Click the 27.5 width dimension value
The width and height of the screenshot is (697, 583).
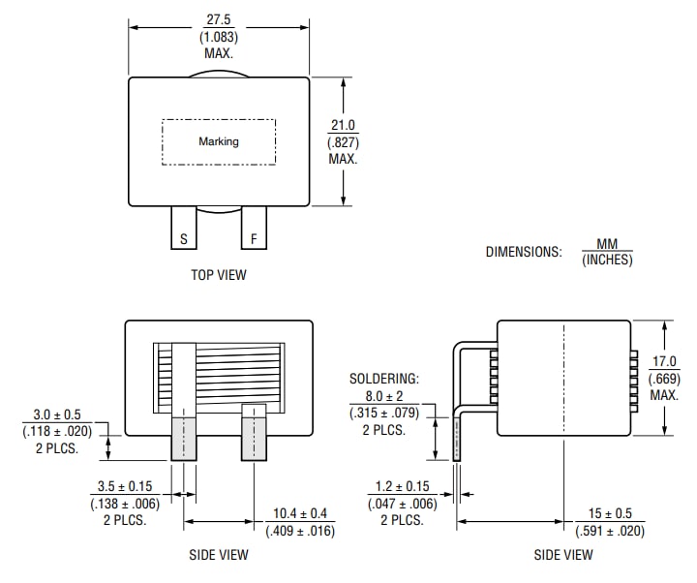point(219,19)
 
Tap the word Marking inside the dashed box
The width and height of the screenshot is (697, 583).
point(219,141)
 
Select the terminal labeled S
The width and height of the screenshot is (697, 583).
point(183,238)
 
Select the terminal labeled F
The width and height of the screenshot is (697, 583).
point(254,238)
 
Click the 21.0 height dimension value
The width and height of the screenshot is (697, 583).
point(344,126)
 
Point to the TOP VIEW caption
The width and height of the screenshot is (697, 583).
point(219,275)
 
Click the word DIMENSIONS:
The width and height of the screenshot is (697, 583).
point(523,252)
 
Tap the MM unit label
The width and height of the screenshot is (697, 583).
point(607,244)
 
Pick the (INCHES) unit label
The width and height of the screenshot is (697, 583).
point(607,260)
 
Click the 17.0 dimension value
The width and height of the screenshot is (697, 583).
point(664,361)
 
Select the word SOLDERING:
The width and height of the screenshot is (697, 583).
point(384,379)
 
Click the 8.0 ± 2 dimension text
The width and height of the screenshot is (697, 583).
point(384,395)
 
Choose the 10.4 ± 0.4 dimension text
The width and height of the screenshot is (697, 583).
point(300,513)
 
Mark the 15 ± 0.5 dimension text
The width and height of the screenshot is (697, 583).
point(609,513)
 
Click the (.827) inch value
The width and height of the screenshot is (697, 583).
point(344,142)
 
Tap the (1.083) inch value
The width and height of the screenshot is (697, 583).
point(219,37)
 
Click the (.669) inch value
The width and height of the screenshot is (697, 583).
point(664,378)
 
